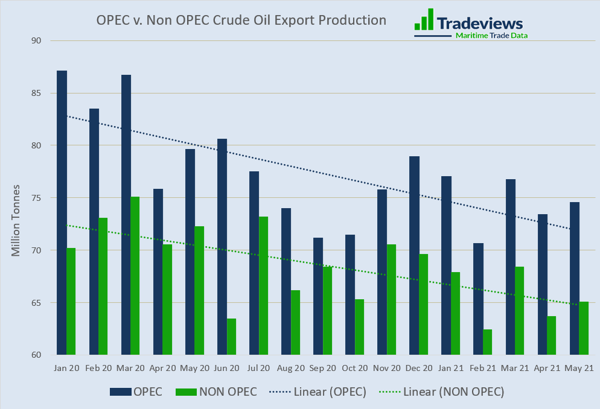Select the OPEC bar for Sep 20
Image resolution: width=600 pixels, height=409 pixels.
pos(318,296)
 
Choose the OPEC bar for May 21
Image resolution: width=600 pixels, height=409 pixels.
pos(575,278)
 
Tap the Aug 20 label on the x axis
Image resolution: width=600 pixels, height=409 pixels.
pos(290,367)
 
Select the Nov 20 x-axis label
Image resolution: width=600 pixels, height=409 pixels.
pos(386,367)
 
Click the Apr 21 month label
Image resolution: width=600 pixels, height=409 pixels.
pos(547,367)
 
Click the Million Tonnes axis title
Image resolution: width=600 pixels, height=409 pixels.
pos(16,220)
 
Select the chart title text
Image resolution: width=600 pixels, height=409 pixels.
pos(241,20)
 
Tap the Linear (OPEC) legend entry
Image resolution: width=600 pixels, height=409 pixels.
pos(330,392)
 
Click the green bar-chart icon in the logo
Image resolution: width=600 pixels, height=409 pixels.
pos(424,19)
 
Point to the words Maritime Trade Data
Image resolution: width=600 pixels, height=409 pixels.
pos(491,36)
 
